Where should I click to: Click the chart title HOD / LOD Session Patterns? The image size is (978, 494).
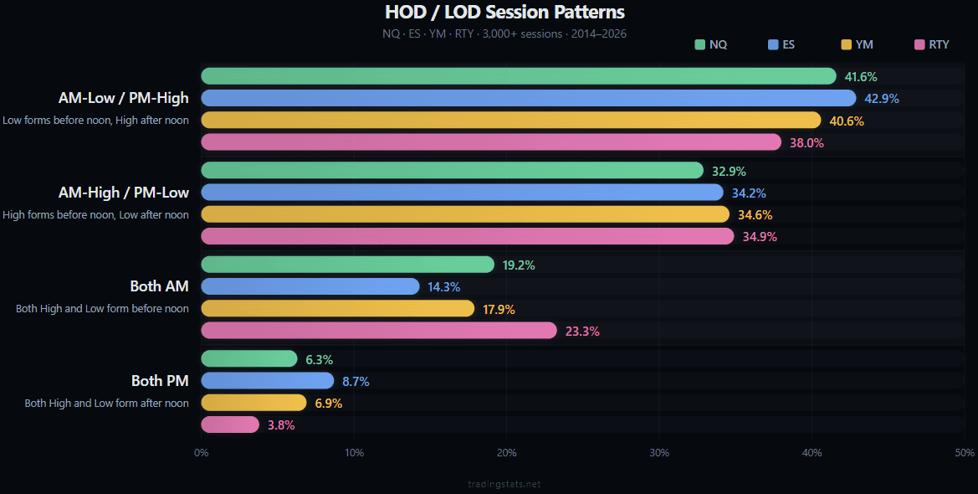coord(504,13)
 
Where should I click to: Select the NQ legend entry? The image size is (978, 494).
coord(710,44)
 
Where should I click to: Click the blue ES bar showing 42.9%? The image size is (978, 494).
coord(528,98)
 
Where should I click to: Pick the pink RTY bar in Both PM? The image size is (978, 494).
coord(230,425)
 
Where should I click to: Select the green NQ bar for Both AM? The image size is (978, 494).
coord(347,265)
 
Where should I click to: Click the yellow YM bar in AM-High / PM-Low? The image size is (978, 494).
coord(465,214)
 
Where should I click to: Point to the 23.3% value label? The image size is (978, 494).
coord(582,331)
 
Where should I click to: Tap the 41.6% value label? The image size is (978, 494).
coord(861,77)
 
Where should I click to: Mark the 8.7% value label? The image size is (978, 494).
coord(356,381)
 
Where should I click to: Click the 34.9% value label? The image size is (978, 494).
coord(760,237)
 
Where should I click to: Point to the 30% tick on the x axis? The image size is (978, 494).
coord(658,453)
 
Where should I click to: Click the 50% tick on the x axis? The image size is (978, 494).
coord(964,453)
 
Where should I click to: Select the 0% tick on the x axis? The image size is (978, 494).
coord(202,453)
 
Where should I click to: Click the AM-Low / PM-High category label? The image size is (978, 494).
coord(123,98)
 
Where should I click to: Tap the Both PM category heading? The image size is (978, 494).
coord(160,381)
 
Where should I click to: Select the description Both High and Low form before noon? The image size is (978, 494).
coord(102,309)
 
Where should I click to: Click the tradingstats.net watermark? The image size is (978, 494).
coord(504,484)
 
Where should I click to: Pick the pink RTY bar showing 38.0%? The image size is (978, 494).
coord(491,142)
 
